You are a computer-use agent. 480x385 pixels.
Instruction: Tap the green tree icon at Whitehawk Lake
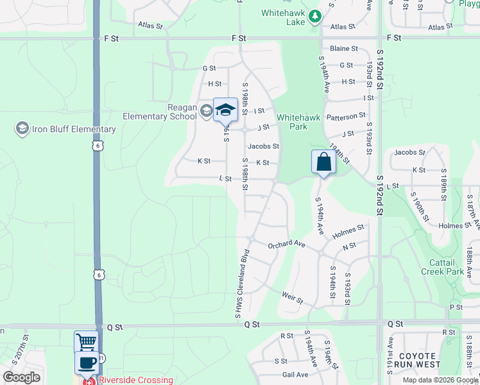click(x=314, y=16)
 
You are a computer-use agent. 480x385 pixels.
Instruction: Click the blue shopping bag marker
click(x=324, y=162)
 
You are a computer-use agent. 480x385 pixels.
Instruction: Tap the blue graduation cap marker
click(x=225, y=110)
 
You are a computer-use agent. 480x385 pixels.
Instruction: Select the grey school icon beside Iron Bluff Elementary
click(x=22, y=129)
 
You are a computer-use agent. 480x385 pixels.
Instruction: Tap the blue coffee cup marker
click(x=87, y=363)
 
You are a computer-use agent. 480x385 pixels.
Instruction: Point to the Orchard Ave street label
click(x=287, y=244)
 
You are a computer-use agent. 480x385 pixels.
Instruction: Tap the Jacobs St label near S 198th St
click(x=264, y=146)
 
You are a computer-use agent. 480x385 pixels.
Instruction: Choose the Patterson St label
click(x=346, y=116)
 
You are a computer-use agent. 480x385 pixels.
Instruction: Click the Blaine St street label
click(x=344, y=48)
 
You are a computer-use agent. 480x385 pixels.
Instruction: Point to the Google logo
click(x=21, y=377)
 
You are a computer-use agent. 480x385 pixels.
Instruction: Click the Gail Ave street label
click(x=295, y=375)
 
